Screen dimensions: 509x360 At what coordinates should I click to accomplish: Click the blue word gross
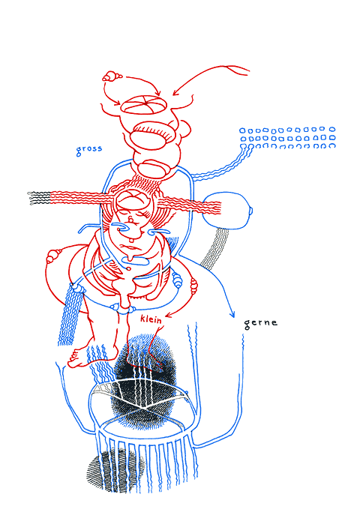pyautogui.click(x=88, y=149)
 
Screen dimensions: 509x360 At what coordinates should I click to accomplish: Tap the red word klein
pyautogui.click(x=151, y=319)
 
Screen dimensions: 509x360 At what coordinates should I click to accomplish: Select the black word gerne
pyautogui.click(x=260, y=324)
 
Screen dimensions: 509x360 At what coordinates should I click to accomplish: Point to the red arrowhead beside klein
pyautogui.click(x=169, y=316)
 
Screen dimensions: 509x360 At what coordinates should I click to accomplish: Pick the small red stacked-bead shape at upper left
pyautogui.click(x=111, y=76)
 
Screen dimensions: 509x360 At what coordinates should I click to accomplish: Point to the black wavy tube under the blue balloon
pyautogui.click(x=214, y=248)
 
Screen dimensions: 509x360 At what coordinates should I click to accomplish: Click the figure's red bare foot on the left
pyautogui.click(x=79, y=358)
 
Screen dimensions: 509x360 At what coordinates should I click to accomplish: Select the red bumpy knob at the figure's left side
pyautogui.click(x=53, y=256)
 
